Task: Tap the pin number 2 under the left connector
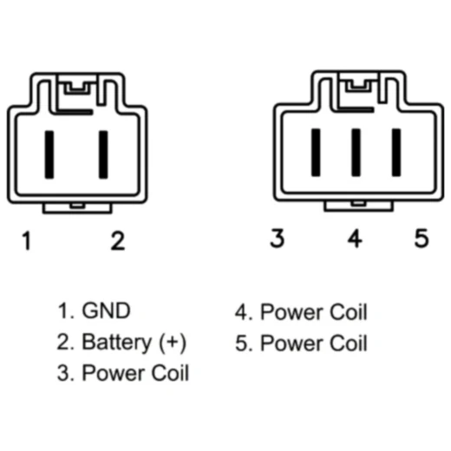point(117,241)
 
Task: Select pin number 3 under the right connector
point(277,239)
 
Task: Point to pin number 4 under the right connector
point(354,239)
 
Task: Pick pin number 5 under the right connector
point(422,239)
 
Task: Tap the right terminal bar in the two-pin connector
point(103,153)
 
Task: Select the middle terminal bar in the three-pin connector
point(356,152)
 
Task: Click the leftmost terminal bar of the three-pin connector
point(317,152)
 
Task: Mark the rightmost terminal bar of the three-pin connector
point(395,152)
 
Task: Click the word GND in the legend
point(106,310)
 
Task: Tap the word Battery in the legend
point(115,342)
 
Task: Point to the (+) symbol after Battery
point(173,342)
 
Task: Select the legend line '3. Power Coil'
point(123,374)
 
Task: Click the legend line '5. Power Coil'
point(301,343)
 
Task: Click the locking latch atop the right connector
point(355,86)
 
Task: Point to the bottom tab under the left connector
point(78,206)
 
